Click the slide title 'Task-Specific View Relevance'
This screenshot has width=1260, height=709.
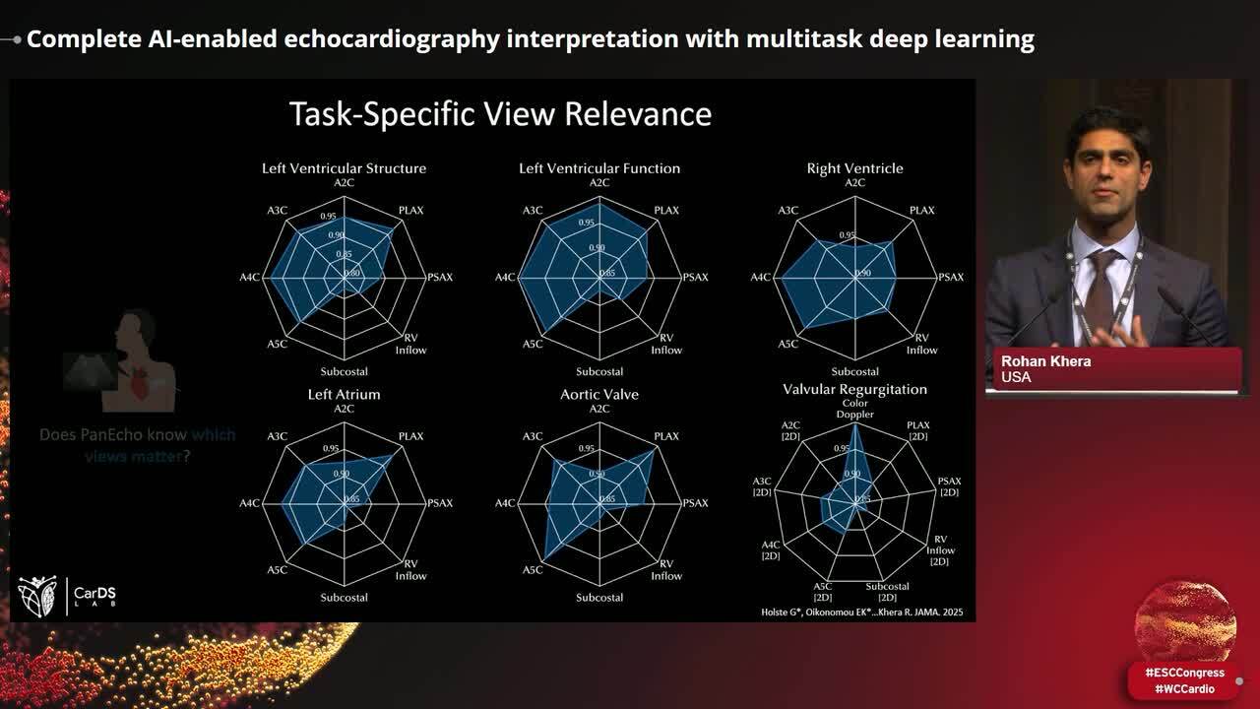500,114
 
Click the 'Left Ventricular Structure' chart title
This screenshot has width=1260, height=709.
344,168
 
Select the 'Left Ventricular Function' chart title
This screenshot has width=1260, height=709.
599,168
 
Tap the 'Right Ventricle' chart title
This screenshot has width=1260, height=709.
854,168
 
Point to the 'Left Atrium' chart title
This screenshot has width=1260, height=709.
344,394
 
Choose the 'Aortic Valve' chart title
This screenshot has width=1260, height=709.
599,394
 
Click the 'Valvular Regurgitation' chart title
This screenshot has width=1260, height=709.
854,389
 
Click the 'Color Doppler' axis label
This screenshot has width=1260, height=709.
854,409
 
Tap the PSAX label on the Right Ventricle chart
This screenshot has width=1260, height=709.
950,278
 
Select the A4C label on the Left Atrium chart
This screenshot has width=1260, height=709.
249,504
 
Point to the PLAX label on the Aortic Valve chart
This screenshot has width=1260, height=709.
666,436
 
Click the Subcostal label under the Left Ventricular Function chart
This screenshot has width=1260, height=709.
599,372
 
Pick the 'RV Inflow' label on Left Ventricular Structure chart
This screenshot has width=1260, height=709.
410,344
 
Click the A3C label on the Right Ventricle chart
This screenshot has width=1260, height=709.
787,211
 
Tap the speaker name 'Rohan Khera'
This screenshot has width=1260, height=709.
1045,361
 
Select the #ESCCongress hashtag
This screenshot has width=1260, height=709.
1184,673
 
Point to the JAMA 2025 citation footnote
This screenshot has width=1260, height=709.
863,612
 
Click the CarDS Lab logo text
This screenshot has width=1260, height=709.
94,596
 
